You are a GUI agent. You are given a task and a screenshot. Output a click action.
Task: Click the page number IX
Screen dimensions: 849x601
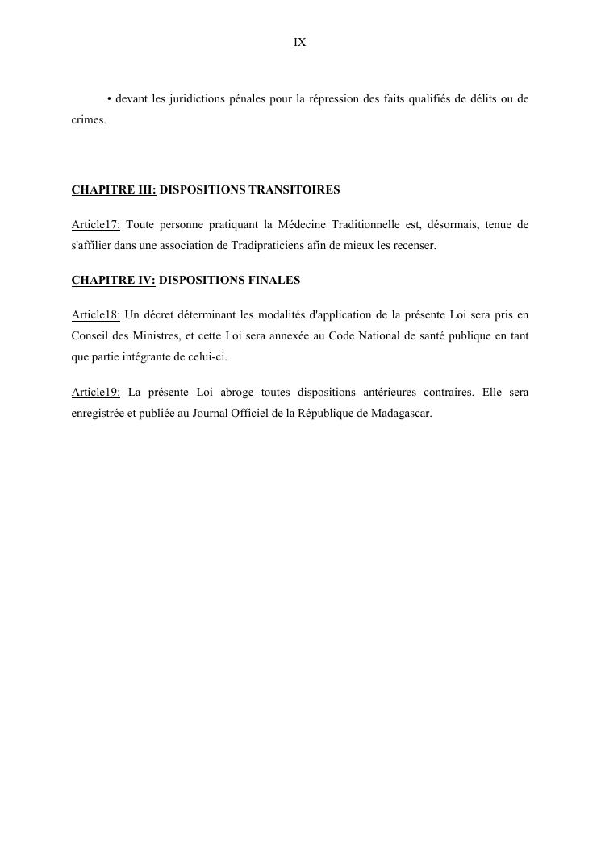pyautogui.click(x=299, y=43)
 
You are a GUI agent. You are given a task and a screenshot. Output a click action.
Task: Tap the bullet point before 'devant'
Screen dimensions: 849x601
pyautogui.click(x=109, y=99)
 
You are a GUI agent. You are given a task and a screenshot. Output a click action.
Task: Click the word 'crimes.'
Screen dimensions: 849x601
pyautogui.click(x=88, y=119)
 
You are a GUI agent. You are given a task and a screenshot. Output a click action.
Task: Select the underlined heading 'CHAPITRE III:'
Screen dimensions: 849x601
pyautogui.click(x=114, y=190)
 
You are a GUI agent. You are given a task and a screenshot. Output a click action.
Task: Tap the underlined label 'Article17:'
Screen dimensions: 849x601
pyautogui.click(x=95, y=225)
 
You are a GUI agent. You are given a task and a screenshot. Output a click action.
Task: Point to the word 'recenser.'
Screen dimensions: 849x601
pyautogui.click(x=414, y=245)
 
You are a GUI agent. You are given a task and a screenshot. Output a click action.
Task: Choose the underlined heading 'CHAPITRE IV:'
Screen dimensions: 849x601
pyautogui.click(x=113, y=281)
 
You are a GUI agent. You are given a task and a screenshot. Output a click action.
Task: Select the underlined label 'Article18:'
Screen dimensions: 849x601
pyautogui.click(x=95, y=315)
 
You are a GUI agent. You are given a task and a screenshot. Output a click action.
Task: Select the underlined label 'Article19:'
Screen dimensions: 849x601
pyautogui.click(x=95, y=393)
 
